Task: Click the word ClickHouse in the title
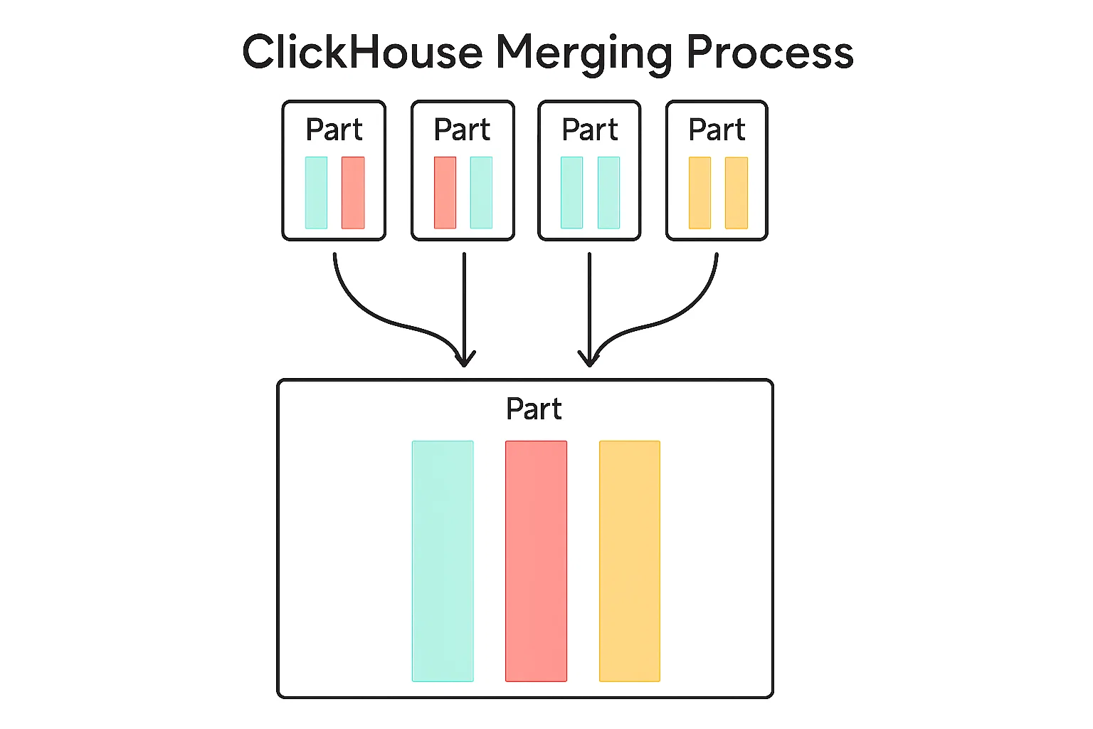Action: tap(362, 52)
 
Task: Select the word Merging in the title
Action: tap(584, 56)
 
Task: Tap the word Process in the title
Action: tap(770, 52)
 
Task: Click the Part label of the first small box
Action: tap(334, 130)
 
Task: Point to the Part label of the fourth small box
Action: tap(717, 130)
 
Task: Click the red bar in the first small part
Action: tap(353, 192)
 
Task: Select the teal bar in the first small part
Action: tap(316, 192)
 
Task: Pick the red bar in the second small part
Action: tap(445, 192)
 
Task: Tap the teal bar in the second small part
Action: tap(481, 192)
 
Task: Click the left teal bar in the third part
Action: tap(572, 192)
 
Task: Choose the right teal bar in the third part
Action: tap(608, 192)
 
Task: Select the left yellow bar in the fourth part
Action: tap(699, 192)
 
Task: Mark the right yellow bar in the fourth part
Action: tap(736, 192)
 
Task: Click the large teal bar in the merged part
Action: tap(443, 561)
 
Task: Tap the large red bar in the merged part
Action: tap(537, 561)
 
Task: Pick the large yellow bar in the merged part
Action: tap(630, 561)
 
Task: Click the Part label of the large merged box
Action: tap(534, 409)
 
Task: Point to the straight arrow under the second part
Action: tap(464, 310)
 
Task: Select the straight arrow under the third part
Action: tap(589, 310)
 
